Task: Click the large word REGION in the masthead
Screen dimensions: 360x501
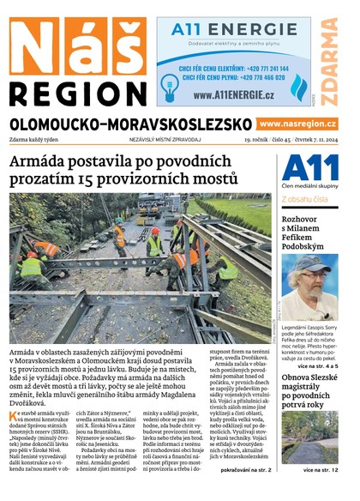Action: pos(76,92)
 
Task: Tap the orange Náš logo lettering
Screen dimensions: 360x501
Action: pos(76,43)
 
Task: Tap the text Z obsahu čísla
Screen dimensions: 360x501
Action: pos(304,200)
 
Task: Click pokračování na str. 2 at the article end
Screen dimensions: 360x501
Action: pos(244,472)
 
